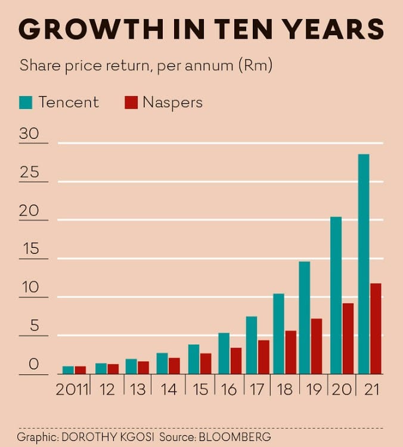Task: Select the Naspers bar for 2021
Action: click(x=375, y=328)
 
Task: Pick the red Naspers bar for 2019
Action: click(x=316, y=346)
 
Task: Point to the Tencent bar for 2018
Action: click(x=278, y=334)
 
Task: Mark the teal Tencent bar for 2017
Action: click(x=252, y=345)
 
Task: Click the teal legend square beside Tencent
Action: click(x=26, y=103)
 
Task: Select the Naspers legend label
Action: click(x=172, y=103)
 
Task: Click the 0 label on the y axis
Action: click(x=33, y=364)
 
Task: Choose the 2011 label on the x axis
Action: click(x=72, y=390)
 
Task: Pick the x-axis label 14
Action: click(x=169, y=390)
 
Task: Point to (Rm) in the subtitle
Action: click(x=255, y=66)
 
